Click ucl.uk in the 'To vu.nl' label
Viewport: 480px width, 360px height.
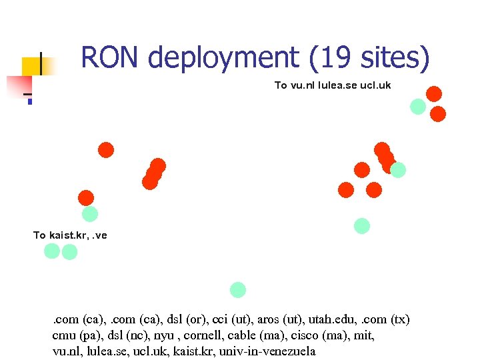click(x=375, y=85)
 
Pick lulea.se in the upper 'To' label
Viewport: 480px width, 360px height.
click(x=338, y=85)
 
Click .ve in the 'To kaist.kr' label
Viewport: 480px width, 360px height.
click(x=101, y=235)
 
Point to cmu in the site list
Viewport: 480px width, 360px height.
click(x=64, y=336)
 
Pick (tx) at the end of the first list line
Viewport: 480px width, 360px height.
click(x=401, y=320)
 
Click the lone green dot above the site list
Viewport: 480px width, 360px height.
click(x=238, y=290)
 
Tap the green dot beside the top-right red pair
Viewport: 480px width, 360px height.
click(x=418, y=106)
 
